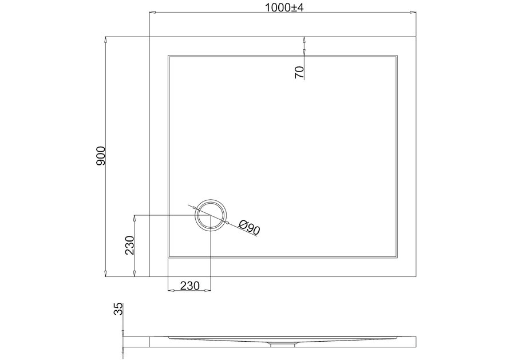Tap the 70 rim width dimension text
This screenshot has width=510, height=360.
[299, 72]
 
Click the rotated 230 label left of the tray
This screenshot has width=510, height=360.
[130, 246]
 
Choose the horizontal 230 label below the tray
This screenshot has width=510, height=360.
[189, 285]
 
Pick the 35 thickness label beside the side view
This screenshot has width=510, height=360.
[118, 310]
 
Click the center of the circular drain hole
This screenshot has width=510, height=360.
[211, 215]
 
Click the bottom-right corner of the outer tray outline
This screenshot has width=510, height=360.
[415, 276]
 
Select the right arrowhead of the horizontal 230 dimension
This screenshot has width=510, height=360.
[208, 290]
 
